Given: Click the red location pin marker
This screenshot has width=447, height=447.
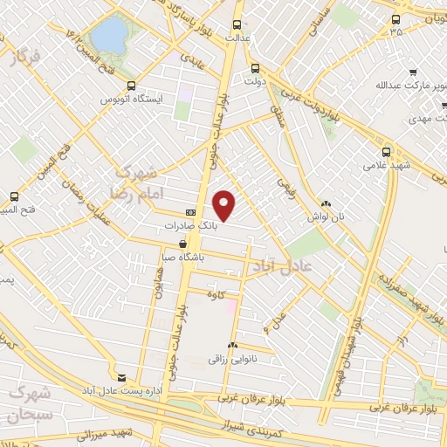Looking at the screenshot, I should (x=225, y=205).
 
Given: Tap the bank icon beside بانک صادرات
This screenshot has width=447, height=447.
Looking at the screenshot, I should (x=191, y=212).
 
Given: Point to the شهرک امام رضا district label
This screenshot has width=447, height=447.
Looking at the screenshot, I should (x=138, y=181).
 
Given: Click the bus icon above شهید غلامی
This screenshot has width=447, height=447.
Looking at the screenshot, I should (x=387, y=150).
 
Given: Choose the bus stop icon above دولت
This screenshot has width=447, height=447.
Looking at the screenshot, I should (x=255, y=69).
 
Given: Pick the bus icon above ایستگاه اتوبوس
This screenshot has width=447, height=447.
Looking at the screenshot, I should (x=131, y=86).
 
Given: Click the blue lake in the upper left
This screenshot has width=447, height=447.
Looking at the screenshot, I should (x=109, y=35).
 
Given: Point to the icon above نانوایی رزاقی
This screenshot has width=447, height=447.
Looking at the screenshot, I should (x=231, y=345).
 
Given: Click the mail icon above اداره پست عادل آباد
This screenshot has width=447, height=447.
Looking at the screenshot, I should (x=120, y=377).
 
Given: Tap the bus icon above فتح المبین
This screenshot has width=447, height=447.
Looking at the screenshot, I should (x=13, y=196).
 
